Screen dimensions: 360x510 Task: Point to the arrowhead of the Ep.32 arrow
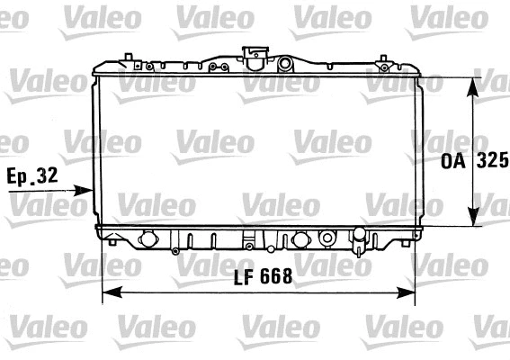pyautogui.click(x=88, y=190)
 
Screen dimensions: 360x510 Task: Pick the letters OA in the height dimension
pyautogui.click(x=453, y=163)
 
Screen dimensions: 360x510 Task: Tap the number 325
pyautogui.click(x=491, y=163)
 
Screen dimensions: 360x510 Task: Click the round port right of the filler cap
pyautogui.click(x=285, y=64)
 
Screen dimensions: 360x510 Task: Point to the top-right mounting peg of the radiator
pyautogui.click(x=387, y=60)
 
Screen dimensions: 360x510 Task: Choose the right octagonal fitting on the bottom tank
pyautogui.click(x=300, y=240)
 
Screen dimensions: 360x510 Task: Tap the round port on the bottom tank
pyautogui.click(x=326, y=239)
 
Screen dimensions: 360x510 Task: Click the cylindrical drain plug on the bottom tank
pyautogui.click(x=359, y=240)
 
